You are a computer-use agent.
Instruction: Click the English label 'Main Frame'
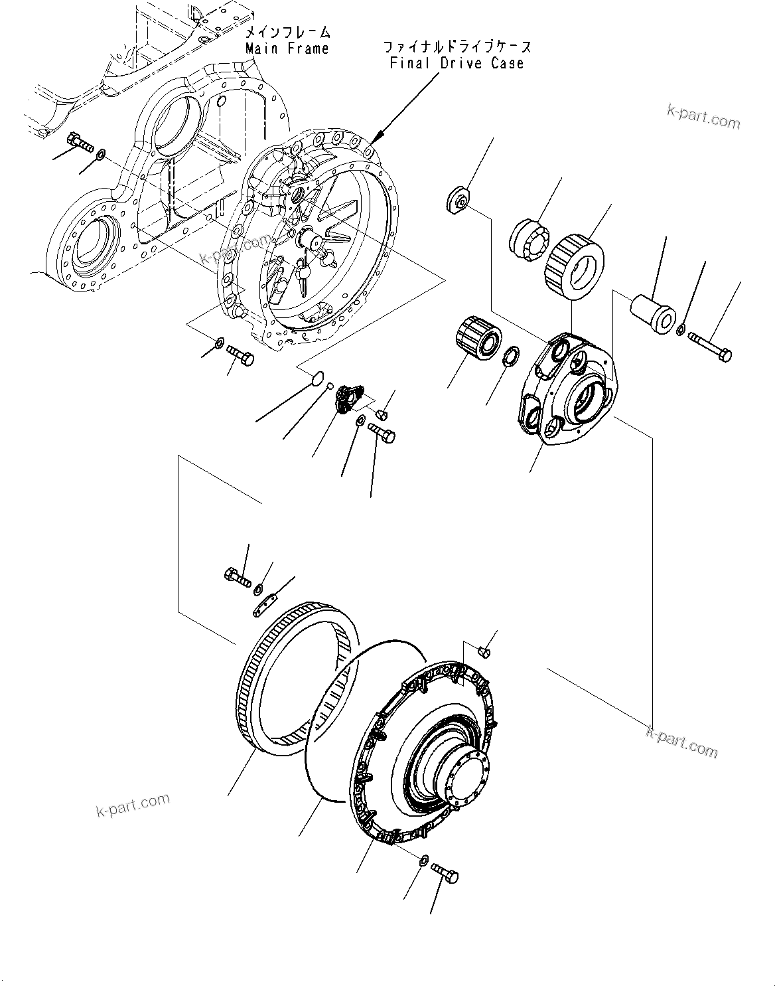point(287,48)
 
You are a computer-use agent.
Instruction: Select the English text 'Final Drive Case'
point(457,63)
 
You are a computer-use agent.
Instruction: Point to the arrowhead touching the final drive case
point(375,139)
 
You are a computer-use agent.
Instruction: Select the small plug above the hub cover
point(484,652)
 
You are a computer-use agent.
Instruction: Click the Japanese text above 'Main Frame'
point(287,32)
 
